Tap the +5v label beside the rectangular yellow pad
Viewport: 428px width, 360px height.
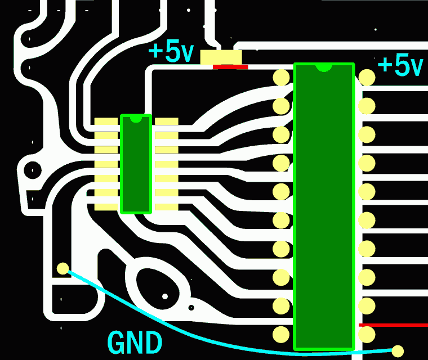click(x=171, y=52)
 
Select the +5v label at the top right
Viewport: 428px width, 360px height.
click(x=400, y=65)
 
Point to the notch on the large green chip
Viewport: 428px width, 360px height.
click(x=324, y=67)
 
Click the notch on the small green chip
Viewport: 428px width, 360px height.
click(x=136, y=119)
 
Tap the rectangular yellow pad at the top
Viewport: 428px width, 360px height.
click(x=221, y=57)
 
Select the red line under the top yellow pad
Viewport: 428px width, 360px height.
click(x=230, y=67)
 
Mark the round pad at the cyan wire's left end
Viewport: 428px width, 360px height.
click(x=63, y=269)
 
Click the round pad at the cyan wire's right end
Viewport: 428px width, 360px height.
click(x=398, y=351)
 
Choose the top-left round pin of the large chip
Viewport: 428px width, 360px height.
click(x=281, y=77)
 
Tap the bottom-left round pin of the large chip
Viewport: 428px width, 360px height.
click(x=281, y=335)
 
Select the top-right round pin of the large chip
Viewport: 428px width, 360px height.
click(x=367, y=77)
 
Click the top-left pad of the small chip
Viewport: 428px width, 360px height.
click(x=106, y=121)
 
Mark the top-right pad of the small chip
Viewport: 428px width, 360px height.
click(x=166, y=121)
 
